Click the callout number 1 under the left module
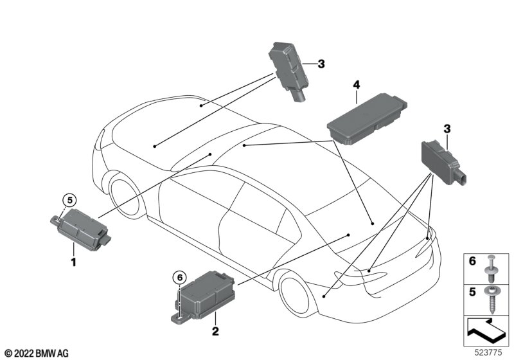[73, 262]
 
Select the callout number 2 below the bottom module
[216, 332]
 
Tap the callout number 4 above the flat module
[356, 84]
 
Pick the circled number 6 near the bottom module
[179, 277]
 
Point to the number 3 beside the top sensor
[321, 64]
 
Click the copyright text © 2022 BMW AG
[36, 353]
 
